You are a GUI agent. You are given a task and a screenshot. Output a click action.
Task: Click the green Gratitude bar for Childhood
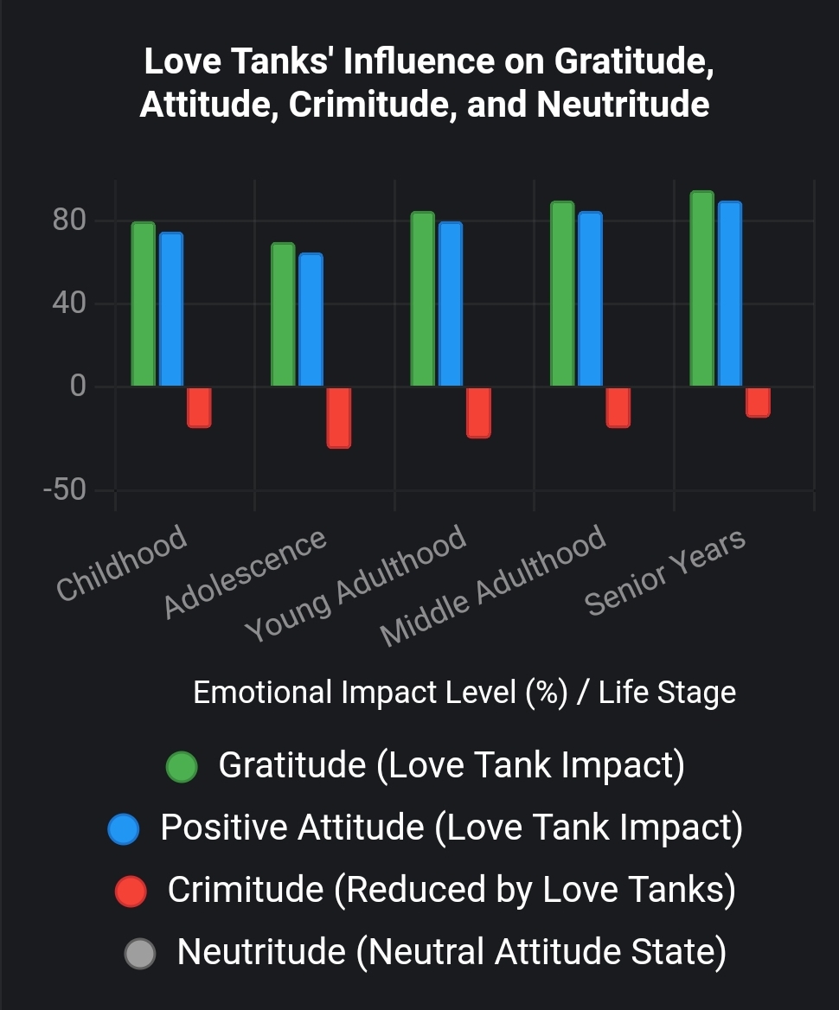point(144,304)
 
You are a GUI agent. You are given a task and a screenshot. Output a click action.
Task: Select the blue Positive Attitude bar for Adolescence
point(311,320)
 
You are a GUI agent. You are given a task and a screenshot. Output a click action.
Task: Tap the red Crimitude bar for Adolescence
point(338,418)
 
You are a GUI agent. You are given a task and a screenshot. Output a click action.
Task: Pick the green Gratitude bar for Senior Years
point(701,289)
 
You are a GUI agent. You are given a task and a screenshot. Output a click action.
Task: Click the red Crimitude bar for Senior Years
point(758,402)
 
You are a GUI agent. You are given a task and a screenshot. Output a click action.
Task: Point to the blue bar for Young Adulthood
point(451,304)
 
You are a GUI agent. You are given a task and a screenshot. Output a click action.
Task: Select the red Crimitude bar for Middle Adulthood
point(618,407)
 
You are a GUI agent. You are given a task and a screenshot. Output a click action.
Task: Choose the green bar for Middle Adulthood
point(562,294)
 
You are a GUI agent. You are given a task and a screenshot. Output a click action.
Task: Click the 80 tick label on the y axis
point(69,221)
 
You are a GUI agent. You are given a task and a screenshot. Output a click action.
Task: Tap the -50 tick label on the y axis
point(65,490)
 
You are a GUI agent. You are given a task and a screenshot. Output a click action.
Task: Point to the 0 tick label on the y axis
point(79,386)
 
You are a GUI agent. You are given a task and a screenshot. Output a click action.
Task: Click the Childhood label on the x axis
point(122,562)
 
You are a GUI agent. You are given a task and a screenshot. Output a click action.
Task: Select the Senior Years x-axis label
point(665,572)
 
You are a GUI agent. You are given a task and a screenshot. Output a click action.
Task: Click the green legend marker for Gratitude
point(182,766)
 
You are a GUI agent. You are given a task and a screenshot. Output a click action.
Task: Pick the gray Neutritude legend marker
point(139,954)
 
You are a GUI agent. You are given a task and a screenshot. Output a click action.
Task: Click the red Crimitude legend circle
point(131,891)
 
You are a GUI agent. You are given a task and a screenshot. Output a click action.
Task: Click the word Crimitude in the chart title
point(371,105)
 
